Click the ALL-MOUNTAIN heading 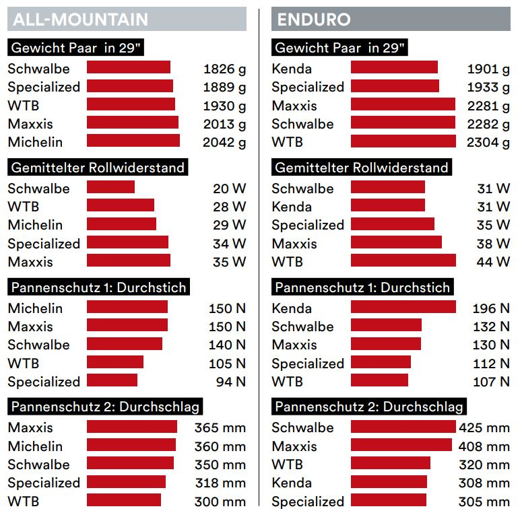tap(80, 19)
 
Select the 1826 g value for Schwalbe tap(224, 68)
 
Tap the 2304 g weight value tap(488, 142)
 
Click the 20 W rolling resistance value tap(230, 188)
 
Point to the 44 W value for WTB tap(493, 262)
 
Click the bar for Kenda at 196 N tap(403, 308)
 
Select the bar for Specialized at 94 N tap(112, 381)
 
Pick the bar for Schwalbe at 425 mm tap(403, 427)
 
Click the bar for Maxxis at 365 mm tap(131, 427)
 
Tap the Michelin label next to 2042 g tap(35, 142)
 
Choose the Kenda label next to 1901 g tap(292, 68)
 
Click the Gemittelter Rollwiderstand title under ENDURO tap(362, 168)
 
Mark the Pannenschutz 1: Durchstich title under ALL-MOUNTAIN tap(98, 287)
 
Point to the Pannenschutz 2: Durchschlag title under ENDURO tap(368, 407)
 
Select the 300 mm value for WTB tap(220, 501)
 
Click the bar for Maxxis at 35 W tap(128, 261)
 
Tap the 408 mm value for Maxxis tap(484, 446)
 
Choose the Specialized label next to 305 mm tap(308, 501)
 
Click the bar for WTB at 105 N tap(115, 363)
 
